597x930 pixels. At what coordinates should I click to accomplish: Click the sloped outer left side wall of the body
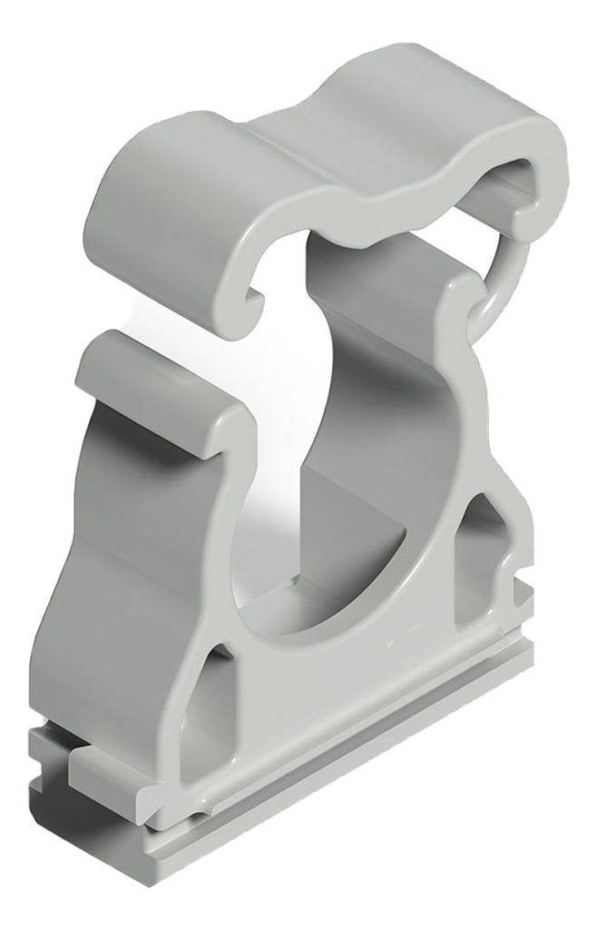(100, 563)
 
